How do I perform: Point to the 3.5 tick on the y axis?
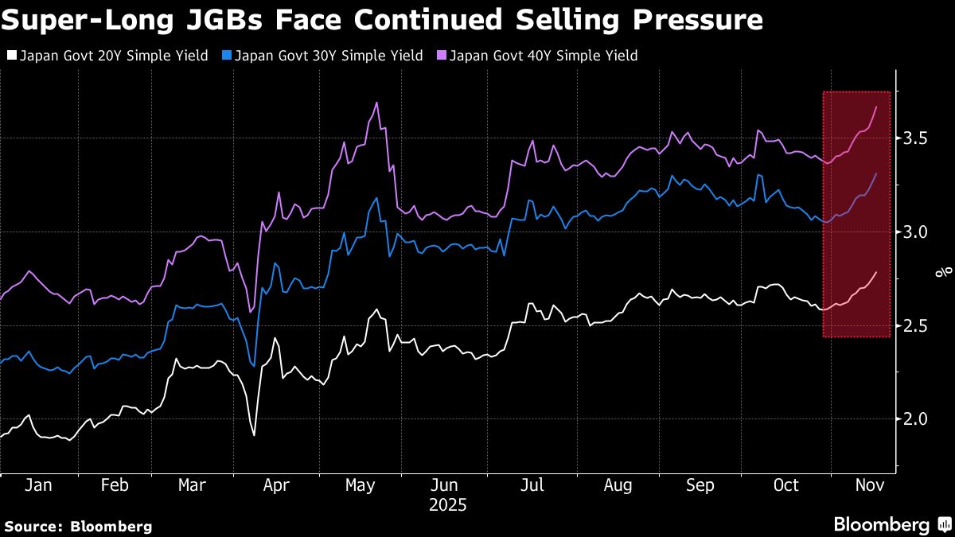[x=918, y=139]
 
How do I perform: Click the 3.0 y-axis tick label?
[x=918, y=232]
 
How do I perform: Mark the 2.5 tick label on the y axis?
[x=918, y=325]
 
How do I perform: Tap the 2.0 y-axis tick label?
[x=918, y=418]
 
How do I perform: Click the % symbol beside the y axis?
[x=945, y=272]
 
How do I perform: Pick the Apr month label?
[x=276, y=485]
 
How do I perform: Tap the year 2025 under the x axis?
[x=449, y=505]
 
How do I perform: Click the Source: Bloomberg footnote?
[x=78, y=526]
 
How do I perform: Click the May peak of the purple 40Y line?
[x=376, y=103]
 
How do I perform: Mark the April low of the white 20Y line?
[x=254, y=435]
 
